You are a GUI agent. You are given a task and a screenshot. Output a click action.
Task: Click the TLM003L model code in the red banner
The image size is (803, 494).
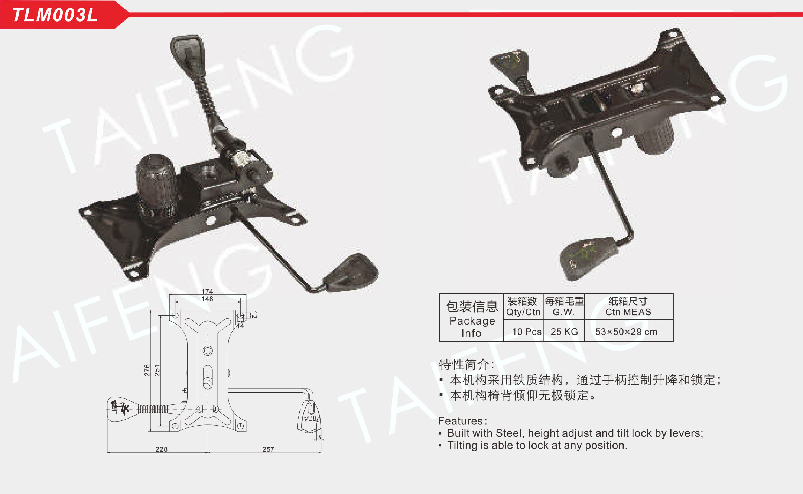(x=55, y=15)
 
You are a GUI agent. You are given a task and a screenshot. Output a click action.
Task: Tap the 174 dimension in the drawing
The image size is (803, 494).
(x=207, y=291)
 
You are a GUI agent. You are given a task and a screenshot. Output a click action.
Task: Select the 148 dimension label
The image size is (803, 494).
(x=207, y=299)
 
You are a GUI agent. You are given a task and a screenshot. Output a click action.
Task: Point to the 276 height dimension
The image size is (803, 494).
(x=147, y=370)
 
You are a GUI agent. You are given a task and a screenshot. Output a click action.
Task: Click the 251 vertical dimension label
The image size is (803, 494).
(x=157, y=370)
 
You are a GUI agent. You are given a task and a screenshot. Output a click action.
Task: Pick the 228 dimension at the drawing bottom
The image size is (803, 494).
(x=162, y=449)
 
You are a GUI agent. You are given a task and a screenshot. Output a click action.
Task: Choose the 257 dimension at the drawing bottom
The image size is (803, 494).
(x=268, y=449)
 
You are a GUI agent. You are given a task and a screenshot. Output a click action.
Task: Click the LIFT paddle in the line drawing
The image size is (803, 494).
(x=121, y=409)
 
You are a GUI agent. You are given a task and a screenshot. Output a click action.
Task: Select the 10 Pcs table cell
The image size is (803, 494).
(x=527, y=332)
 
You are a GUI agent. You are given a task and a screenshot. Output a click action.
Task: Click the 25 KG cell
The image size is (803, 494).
(x=564, y=332)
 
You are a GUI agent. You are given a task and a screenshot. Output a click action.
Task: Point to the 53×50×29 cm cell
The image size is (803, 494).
(x=626, y=332)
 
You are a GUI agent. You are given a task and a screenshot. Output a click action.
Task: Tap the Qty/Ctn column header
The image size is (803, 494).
(x=523, y=312)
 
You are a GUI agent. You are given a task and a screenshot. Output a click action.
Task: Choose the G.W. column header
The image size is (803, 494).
(x=563, y=312)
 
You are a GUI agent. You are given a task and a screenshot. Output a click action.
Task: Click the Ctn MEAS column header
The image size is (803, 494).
(x=628, y=312)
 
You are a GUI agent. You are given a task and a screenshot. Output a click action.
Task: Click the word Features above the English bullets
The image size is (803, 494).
(x=461, y=421)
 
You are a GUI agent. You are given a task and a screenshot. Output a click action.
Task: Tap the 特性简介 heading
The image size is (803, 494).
(x=464, y=364)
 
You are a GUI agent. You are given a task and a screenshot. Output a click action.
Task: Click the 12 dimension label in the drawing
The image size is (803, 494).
(x=254, y=315)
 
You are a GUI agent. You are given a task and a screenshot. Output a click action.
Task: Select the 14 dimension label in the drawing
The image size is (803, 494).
(x=241, y=326)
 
